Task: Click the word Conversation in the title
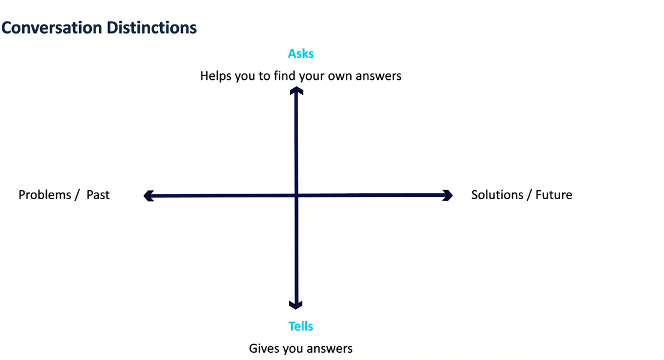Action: pyautogui.click(x=52, y=28)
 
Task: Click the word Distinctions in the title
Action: pyautogui.click(x=152, y=28)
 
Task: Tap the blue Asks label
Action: pyautogui.click(x=301, y=54)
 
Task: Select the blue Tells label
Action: pyautogui.click(x=301, y=326)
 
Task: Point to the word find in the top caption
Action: pyautogui.click(x=284, y=76)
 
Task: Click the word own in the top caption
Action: pyautogui.click(x=340, y=77)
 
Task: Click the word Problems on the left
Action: pyautogui.click(x=45, y=195)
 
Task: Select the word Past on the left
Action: pyautogui.click(x=98, y=195)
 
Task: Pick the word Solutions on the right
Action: pyautogui.click(x=497, y=195)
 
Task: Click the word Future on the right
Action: pyautogui.click(x=554, y=195)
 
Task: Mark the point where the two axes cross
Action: pyautogui.click(x=296, y=195)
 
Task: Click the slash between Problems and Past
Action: pyautogui.click(x=77, y=195)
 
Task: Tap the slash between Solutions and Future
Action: pyautogui.click(x=529, y=195)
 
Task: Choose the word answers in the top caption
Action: pyautogui.click(x=378, y=77)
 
